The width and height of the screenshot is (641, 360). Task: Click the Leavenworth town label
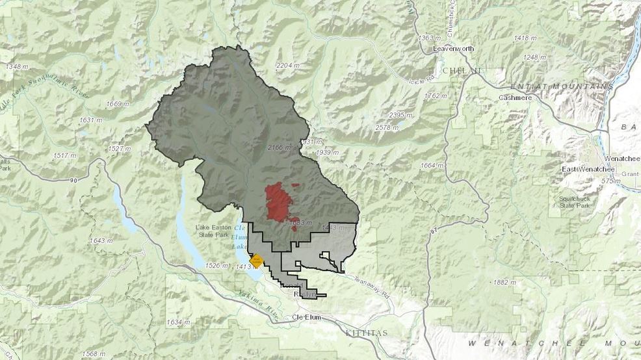[455, 49]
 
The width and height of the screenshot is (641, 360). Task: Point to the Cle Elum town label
[307, 317]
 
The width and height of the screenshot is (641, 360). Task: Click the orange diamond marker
[257, 261]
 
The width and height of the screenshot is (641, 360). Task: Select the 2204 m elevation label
[287, 66]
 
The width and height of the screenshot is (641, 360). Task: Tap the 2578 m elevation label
[386, 127]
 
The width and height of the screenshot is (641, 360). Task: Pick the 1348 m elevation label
[16, 66]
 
